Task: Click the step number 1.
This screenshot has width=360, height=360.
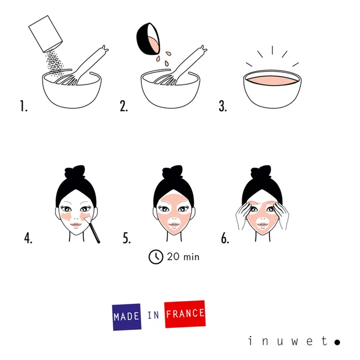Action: pyautogui.click(x=23, y=106)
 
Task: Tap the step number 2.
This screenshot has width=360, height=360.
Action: pyautogui.click(x=123, y=106)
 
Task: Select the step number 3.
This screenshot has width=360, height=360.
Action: pyautogui.click(x=223, y=106)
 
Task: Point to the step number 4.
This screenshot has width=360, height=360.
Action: pyautogui.click(x=28, y=238)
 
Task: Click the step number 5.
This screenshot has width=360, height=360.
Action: pyautogui.click(x=127, y=238)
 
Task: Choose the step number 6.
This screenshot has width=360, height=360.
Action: pyautogui.click(x=225, y=238)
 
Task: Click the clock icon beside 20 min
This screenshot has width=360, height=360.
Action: pyautogui.click(x=156, y=256)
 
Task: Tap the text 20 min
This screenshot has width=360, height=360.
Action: pyautogui.click(x=183, y=257)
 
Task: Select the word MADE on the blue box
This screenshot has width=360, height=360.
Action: pyautogui.click(x=127, y=317)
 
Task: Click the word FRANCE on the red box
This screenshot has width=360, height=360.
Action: pyautogui.click(x=185, y=314)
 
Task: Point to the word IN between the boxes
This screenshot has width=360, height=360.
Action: pyautogui.click(x=153, y=316)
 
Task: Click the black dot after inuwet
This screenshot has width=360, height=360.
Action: pyautogui.click(x=337, y=342)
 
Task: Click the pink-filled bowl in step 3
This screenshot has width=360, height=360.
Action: pyautogui.click(x=272, y=89)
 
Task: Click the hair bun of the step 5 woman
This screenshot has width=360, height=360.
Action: pyautogui.click(x=173, y=171)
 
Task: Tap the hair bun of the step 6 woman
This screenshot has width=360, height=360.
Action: pyautogui.click(x=262, y=171)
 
